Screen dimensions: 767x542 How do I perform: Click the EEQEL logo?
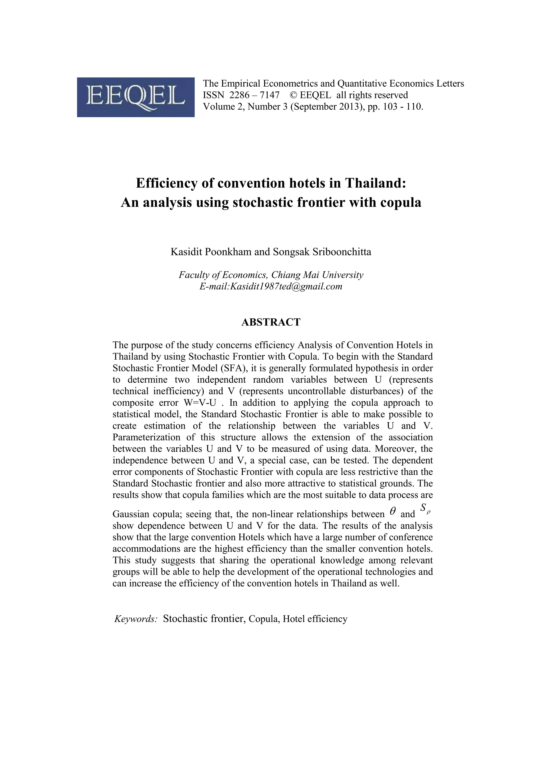click(x=135, y=97)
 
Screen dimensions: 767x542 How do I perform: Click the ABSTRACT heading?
click(x=271, y=322)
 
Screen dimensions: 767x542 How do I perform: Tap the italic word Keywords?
click(x=135, y=619)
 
